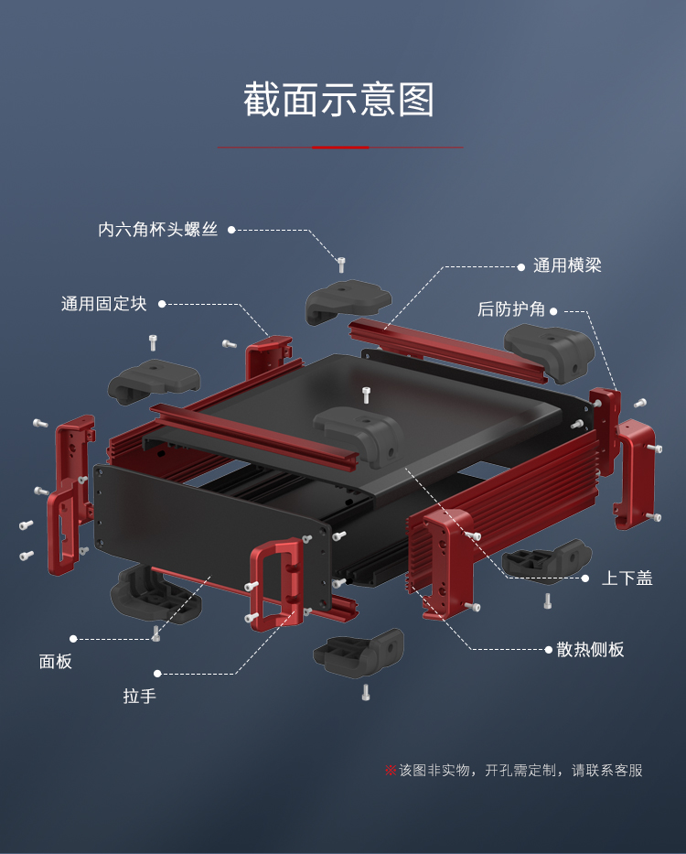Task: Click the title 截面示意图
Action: [x=339, y=100]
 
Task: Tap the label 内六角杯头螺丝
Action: [x=157, y=230]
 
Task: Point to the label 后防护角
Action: [x=511, y=309]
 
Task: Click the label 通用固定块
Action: [x=103, y=303]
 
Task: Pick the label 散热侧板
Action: [x=590, y=649]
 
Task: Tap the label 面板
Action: [x=55, y=661]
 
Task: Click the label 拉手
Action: [x=140, y=696]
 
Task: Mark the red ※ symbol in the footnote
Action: [x=391, y=770]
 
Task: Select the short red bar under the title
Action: [x=340, y=146]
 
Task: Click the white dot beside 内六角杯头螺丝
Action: [x=231, y=230]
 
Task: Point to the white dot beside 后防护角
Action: [x=554, y=310]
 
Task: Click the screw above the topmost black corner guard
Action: [x=341, y=265]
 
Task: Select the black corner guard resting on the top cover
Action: [x=359, y=435]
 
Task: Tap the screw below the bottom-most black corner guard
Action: [x=366, y=692]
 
